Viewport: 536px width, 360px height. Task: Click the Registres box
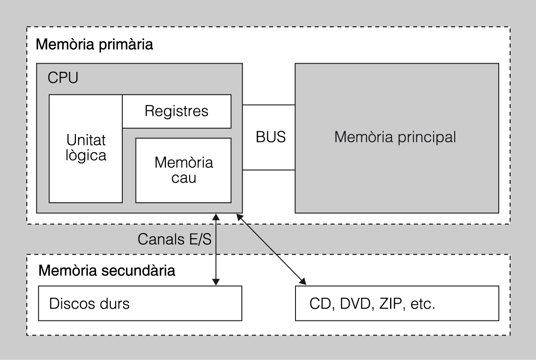[176, 111]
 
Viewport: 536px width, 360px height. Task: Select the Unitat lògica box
[86, 148]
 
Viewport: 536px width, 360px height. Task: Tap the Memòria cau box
[183, 170]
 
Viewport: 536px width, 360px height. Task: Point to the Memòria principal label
[395, 137]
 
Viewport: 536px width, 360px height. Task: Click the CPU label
[63, 77]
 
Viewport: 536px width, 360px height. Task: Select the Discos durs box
[139, 303]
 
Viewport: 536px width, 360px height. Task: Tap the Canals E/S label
[174, 239]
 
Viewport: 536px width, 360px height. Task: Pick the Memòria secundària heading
[107, 271]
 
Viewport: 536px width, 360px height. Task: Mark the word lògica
[86, 156]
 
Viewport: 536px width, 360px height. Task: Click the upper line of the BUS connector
[269, 105]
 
